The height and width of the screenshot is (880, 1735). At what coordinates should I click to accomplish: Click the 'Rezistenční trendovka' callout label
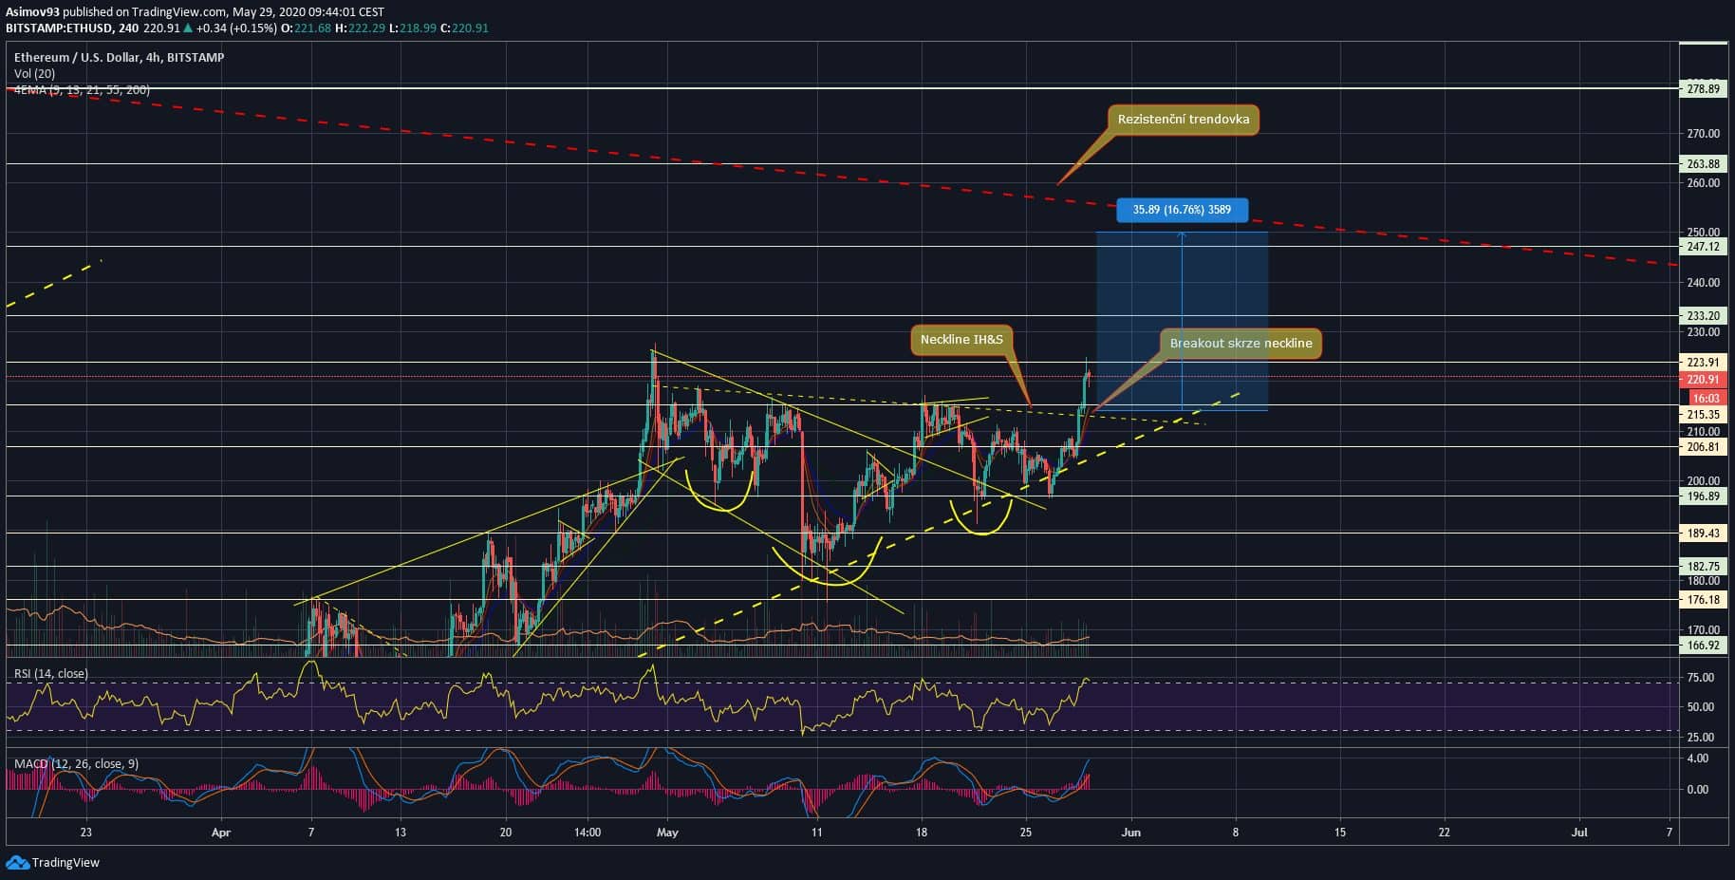(1183, 120)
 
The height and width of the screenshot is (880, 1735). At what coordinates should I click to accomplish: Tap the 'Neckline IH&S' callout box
(961, 340)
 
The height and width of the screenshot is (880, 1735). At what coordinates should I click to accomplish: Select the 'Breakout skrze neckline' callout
(1241, 344)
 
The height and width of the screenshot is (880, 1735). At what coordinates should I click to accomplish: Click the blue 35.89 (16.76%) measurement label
(1181, 210)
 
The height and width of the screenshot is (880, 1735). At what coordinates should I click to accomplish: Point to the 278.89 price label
(1703, 89)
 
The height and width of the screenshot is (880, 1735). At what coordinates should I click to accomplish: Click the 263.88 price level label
(1703, 164)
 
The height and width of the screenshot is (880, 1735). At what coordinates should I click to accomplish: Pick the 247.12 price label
(1703, 247)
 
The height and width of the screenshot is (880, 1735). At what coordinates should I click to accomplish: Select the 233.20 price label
(1703, 316)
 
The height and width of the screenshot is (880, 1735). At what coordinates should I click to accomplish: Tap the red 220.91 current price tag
(1703, 380)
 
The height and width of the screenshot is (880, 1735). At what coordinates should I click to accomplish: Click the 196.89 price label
(1703, 496)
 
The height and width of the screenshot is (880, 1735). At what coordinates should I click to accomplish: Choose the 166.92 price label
(1703, 646)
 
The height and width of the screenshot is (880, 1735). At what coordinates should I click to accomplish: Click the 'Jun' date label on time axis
(1130, 833)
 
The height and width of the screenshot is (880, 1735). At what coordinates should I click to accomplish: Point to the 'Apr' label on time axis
(221, 833)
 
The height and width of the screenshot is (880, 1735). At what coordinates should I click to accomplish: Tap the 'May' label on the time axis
(667, 833)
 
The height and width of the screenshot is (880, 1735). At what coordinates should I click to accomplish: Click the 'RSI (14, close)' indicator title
(51, 674)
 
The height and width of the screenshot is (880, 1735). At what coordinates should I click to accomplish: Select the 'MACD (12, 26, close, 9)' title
(76, 763)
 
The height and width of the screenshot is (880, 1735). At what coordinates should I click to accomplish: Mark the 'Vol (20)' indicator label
(34, 73)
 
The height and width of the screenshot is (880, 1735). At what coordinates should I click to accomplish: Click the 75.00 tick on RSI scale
(1701, 678)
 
